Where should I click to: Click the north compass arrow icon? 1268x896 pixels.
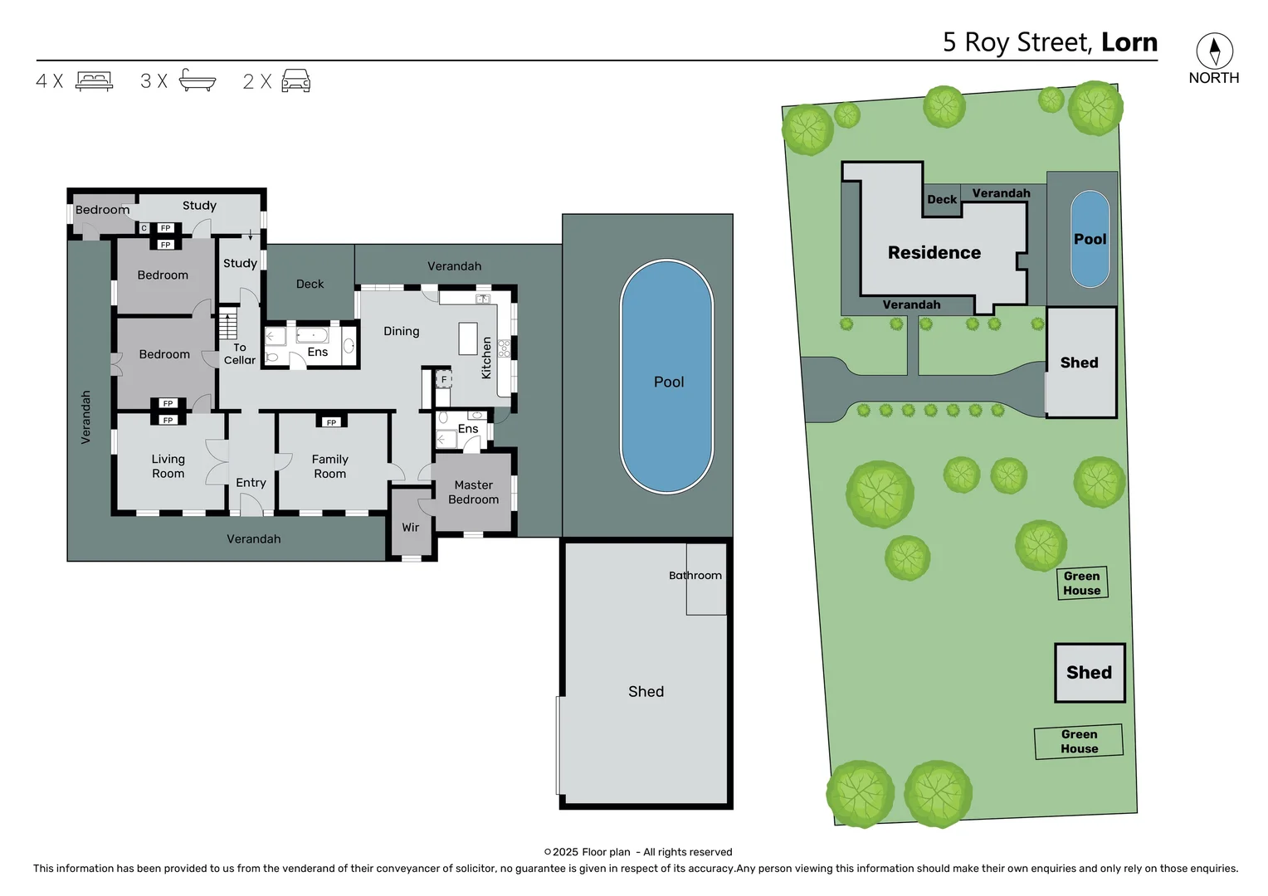[x=1214, y=51]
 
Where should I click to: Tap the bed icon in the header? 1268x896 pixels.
[x=95, y=81]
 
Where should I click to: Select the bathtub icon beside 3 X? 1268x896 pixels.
[x=198, y=80]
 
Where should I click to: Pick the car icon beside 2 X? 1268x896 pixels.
[x=296, y=80]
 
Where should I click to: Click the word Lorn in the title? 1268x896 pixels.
[x=1129, y=42]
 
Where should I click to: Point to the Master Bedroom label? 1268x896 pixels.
[x=473, y=492]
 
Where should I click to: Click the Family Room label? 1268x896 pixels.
[x=330, y=466]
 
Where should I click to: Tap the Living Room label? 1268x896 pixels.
[x=168, y=466]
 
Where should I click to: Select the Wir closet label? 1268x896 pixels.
[x=411, y=528]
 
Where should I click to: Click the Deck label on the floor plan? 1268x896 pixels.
[x=310, y=284]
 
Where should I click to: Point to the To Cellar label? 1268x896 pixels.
[x=240, y=353]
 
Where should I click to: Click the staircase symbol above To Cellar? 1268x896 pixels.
[x=228, y=323]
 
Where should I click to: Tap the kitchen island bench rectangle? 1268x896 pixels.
[x=467, y=338]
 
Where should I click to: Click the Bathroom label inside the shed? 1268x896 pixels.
[x=695, y=575]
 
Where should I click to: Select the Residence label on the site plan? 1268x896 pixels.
[x=934, y=252]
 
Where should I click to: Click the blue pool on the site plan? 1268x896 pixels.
[x=1090, y=239]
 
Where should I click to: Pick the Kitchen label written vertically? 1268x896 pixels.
[x=486, y=358]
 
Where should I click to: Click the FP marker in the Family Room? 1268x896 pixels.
[x=331, y=422]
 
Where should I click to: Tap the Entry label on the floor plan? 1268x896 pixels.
[x=251, y=482]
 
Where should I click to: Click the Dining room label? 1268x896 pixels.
[x=402, y=331]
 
